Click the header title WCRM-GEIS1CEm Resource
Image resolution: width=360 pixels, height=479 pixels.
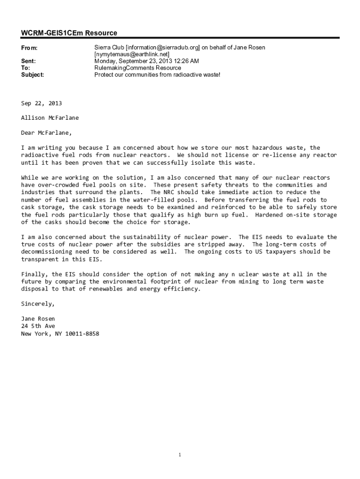point(69,33)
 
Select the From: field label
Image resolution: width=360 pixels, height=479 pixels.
point(29,48)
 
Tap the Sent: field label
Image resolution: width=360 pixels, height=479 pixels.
point(29,61)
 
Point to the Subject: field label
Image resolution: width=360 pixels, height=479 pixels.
point(33,74)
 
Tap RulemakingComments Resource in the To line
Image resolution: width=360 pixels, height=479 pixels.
point(137,68)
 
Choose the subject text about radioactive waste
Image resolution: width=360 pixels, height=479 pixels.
point(157,74)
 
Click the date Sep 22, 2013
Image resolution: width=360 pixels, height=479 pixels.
point(42,103)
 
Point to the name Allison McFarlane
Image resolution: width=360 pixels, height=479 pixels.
point(50,118)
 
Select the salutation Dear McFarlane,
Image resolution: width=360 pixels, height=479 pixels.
point(47,132)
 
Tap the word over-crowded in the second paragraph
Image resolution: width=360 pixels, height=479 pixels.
point(59,185)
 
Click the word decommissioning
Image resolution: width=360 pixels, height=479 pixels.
point(49,252)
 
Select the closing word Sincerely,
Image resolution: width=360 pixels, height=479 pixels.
point(38,304)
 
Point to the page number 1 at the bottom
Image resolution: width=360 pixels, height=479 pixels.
point(180,455)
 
